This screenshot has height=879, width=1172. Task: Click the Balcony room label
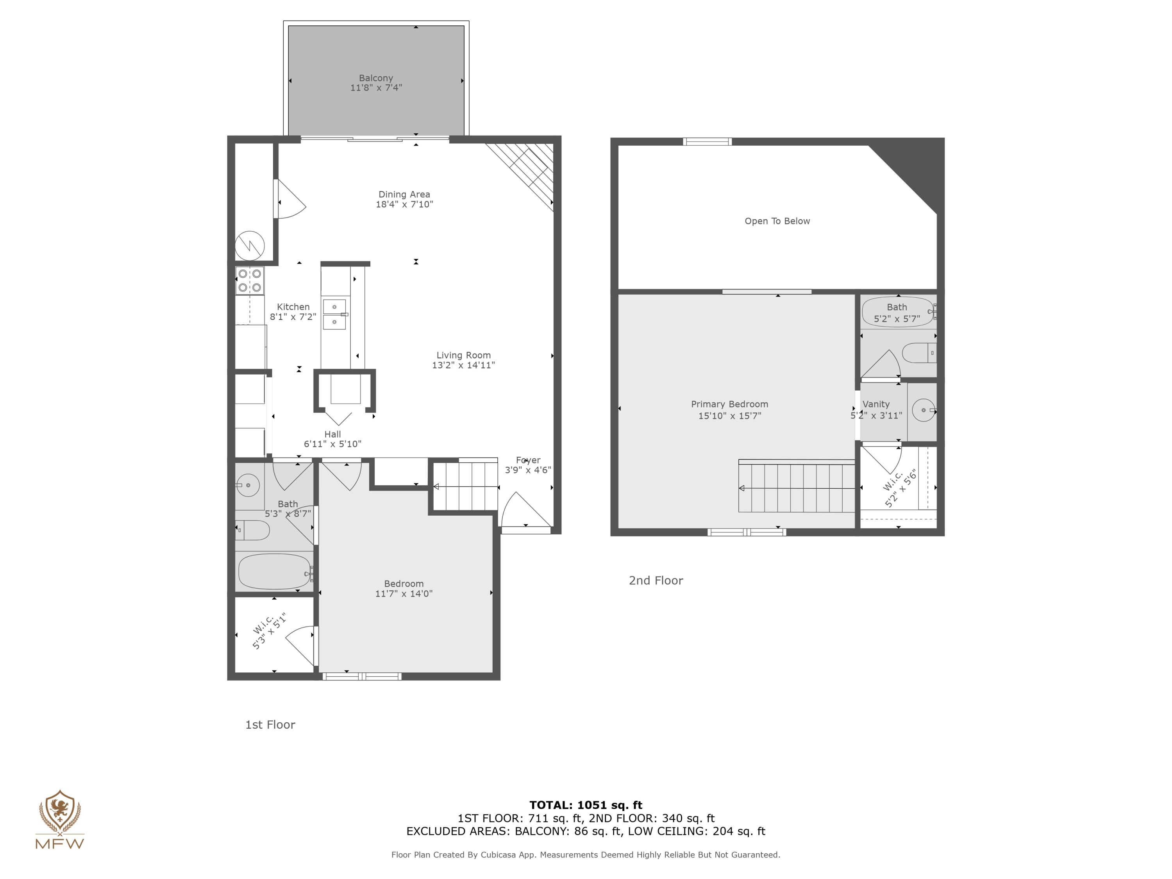pos(376,78)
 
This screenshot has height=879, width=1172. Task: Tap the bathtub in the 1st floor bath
pos(275,571)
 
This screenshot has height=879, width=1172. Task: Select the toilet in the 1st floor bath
pos(253,530)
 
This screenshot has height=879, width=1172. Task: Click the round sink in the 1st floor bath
pos(247,485)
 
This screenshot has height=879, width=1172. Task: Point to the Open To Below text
pos(777,221)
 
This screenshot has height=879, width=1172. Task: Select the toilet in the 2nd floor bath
pos(919,353)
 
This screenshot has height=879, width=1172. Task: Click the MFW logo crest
pos(60,811)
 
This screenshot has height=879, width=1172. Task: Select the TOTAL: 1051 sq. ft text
pos(586,805)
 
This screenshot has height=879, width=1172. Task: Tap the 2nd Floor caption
pos(656,581)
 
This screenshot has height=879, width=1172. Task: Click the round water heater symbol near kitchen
pos(250,245)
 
